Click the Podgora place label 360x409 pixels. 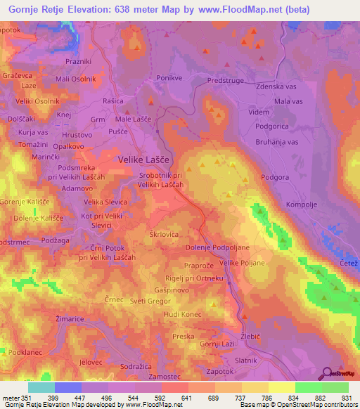tap(275, 178)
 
